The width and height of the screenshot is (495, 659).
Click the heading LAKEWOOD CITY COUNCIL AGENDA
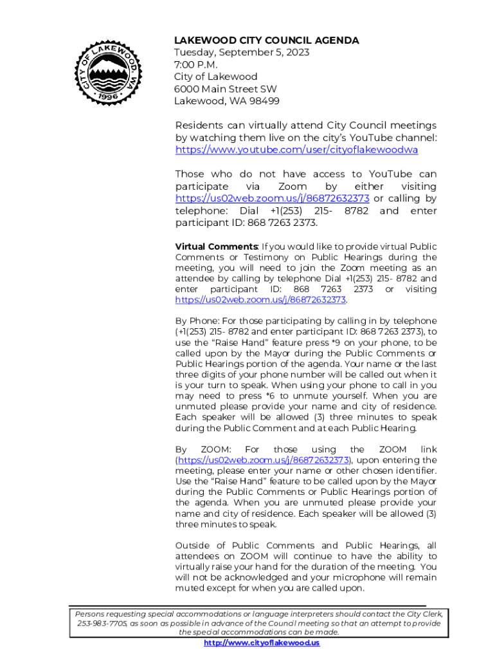click(267, 41)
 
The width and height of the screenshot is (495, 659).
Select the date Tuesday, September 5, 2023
click(242, 53)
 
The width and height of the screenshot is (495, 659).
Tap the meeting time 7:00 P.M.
click(196, 65)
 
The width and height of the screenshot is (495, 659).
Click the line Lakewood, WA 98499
click(227, 101)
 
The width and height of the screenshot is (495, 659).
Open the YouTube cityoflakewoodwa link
click(296, 150)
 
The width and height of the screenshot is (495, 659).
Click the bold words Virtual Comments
click(217, 247)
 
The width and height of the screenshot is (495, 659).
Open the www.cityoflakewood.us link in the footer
click(262, 643)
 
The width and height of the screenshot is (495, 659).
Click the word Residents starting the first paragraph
click(200, 125)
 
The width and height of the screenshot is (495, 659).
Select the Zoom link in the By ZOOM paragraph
click(263, 460)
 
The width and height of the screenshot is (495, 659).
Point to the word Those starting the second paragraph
click(190, 174)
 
